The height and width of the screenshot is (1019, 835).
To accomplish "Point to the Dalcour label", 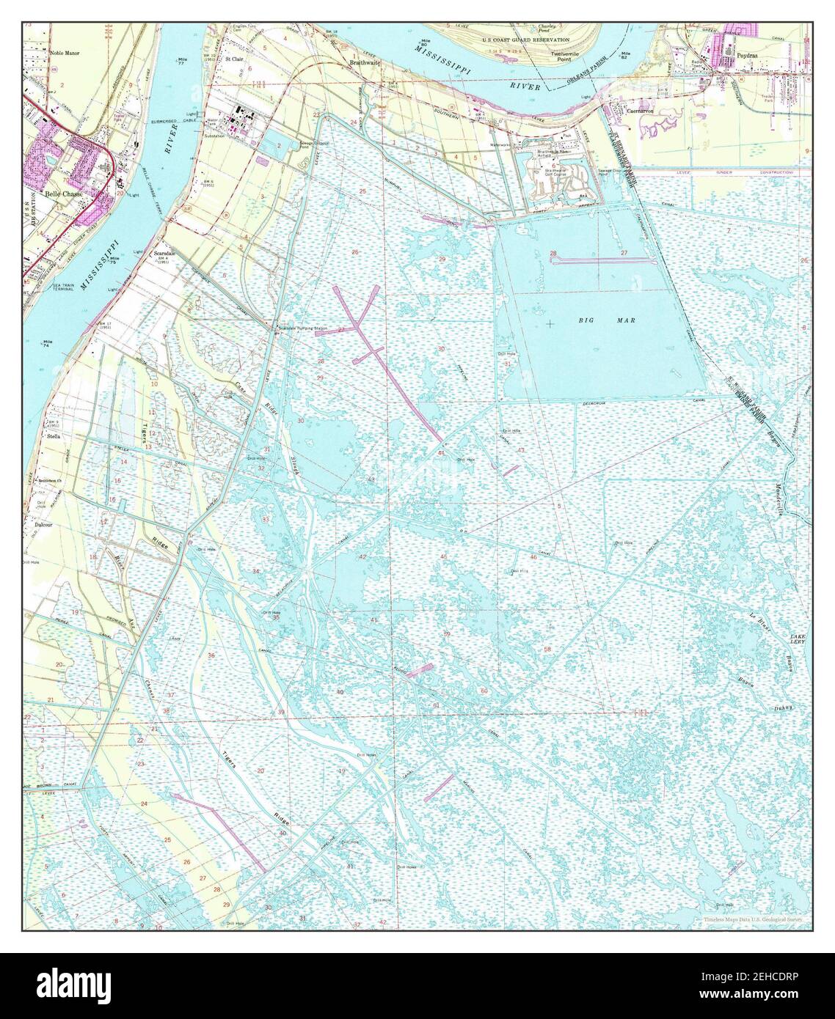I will tap(45, 524).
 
